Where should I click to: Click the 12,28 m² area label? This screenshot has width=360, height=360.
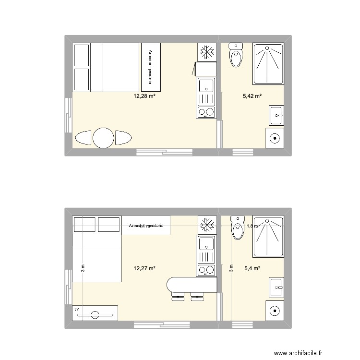coord(144,96)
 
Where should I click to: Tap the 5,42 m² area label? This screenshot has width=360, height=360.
coord(252,96)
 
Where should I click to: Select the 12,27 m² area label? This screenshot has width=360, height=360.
coord(144,268)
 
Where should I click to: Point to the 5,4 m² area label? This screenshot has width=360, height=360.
coord(252,268)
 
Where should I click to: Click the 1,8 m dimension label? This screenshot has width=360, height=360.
coord(252,226)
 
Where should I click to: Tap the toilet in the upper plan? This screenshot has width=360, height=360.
coord(236,56)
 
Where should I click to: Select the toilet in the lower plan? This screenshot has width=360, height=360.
coord(237,228)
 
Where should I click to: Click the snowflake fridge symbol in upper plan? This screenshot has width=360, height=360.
coord(206,51)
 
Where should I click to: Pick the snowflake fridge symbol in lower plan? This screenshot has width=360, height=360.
coord(207,224)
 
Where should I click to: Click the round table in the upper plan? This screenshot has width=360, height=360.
coord(103,138)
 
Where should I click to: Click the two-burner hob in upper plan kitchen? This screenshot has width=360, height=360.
coord(206,113)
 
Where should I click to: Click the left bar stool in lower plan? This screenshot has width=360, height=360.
coord(177,296)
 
